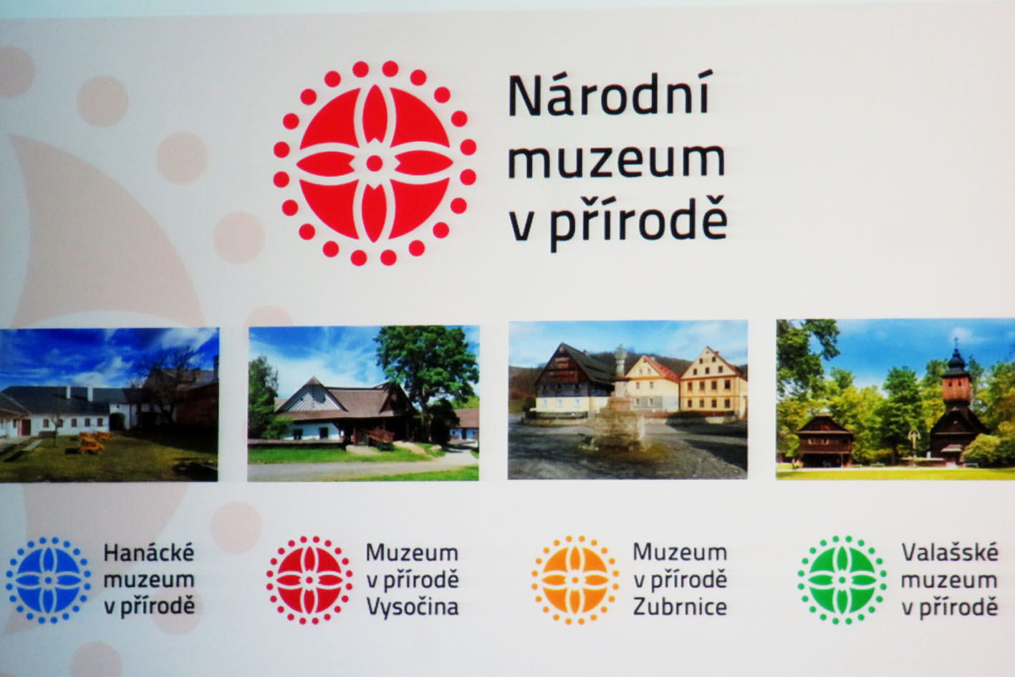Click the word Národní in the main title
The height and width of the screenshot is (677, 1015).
[608, 95]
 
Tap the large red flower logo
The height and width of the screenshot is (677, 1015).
[375, 163]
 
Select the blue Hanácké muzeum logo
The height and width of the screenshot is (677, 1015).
[48, 580]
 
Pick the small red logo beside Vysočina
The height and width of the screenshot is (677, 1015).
[309, 580]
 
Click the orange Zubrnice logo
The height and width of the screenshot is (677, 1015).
[575, 580]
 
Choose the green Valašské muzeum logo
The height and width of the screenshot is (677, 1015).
[842, 580]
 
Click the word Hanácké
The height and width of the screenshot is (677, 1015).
[149, 552]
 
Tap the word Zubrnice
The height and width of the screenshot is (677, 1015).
[680, 607]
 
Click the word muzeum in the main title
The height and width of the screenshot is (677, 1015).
[617, 161]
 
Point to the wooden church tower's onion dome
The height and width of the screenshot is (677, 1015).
[956, 360]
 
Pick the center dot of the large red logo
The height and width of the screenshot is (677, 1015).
[375, 163]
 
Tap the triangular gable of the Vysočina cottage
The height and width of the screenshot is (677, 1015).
[310, 395]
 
